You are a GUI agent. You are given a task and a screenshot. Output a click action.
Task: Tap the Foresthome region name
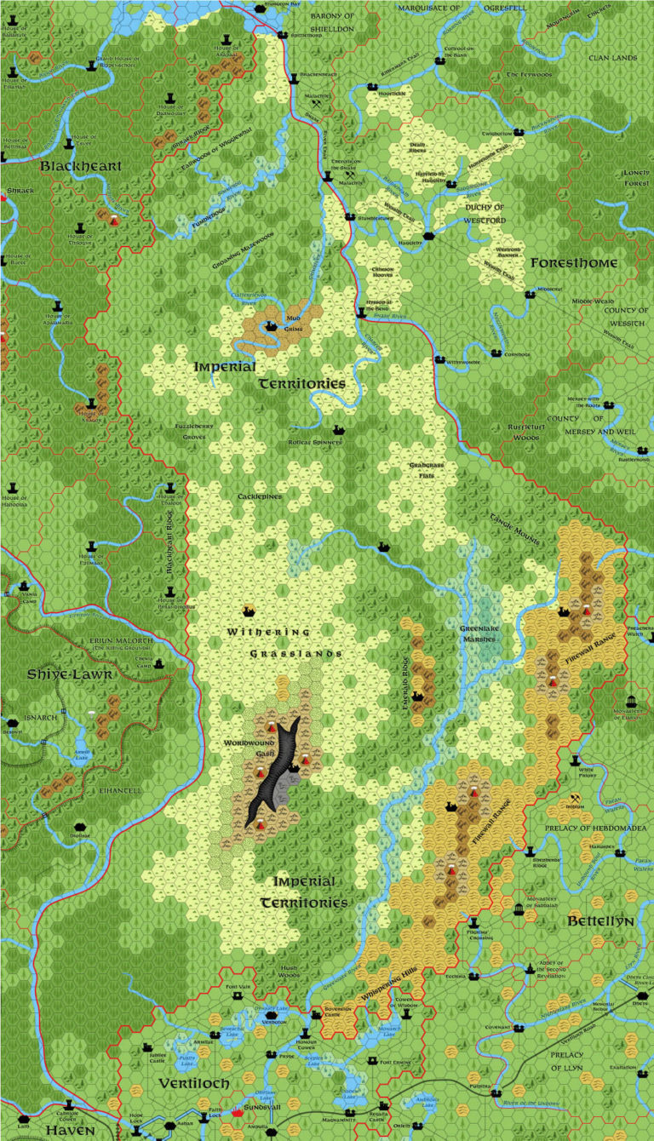(573, 263)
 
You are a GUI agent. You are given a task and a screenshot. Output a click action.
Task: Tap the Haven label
(70, 1129)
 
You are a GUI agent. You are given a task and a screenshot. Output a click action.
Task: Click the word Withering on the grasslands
(257, 632)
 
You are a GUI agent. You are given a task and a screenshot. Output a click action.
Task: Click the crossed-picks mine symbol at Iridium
(576, 800)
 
